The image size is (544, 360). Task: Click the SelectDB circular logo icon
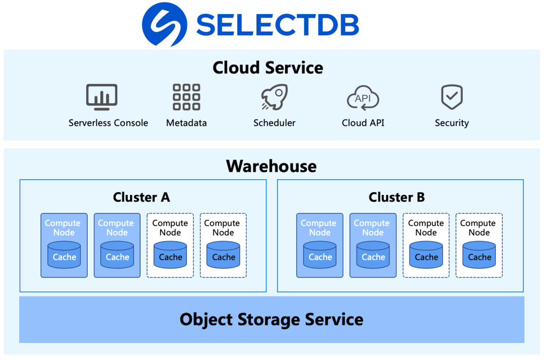164,24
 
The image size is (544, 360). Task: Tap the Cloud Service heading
267,67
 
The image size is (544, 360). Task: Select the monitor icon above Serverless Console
102,97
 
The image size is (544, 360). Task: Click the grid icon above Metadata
186,97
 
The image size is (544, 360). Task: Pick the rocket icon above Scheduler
274,97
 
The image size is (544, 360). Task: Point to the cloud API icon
363,97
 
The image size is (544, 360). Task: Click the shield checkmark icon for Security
452,97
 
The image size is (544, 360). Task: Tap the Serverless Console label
108,123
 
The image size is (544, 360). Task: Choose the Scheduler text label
274,123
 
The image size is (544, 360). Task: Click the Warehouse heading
271,166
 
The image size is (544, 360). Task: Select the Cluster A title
142,197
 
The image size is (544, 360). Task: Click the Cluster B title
396,197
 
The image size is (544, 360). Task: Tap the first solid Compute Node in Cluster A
64,245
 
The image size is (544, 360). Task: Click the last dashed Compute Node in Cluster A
223,245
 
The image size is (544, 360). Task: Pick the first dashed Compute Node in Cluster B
426,245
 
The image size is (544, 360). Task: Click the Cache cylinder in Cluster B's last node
479,255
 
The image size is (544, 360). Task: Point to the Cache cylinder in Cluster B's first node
320,255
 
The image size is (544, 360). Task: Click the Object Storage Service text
271,319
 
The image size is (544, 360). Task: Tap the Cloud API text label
363,123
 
